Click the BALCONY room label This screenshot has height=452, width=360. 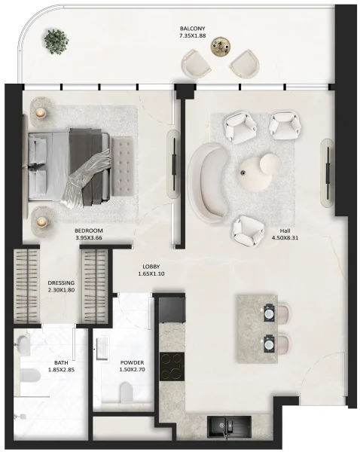pos(194,27)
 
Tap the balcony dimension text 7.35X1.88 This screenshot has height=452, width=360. pos(194,35)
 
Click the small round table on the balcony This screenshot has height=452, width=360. pos(219,47)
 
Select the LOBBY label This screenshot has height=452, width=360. pos(151,266)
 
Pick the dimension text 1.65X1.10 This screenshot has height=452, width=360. pos(151,274)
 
